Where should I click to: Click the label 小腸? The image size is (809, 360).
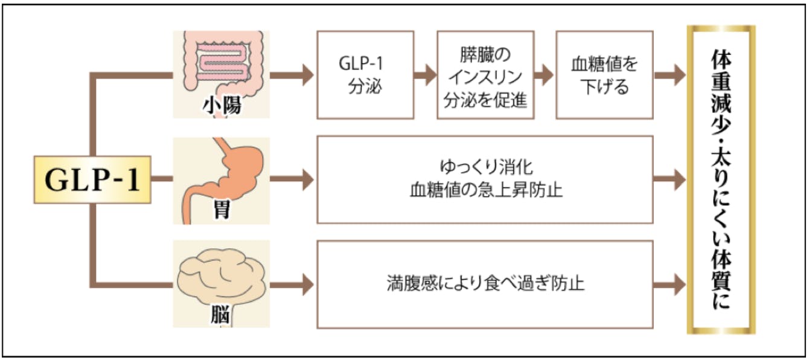(x=222, y=105)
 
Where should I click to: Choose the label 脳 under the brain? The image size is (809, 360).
(x=221, y=315)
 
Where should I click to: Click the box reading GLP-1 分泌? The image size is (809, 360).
(x=365, y=75)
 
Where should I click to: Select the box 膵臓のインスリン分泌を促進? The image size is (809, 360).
(x=485, y=75)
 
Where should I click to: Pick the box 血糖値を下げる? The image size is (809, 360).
(x=604, y=75)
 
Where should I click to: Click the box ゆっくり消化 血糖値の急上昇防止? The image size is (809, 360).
(x=485, y=179)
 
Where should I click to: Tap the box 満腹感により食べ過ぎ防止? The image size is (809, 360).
(x=485, y=284)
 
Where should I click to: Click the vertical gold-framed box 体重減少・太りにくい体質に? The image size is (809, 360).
(x=721, y=179)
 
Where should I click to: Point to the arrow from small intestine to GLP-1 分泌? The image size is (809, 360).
(x=292, y=75)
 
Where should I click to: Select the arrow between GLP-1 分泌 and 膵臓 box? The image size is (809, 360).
(x=426, y=75)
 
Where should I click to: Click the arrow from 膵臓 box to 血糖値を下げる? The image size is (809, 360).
(x=544, y=75)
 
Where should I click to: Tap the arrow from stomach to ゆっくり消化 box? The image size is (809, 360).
(x=292, y=179)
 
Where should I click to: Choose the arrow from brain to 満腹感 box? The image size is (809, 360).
(x=292, y=284)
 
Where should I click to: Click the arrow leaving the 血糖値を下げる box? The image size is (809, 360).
(x=670, y=75)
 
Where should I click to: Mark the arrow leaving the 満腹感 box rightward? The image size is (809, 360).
(x=670, y=284)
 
